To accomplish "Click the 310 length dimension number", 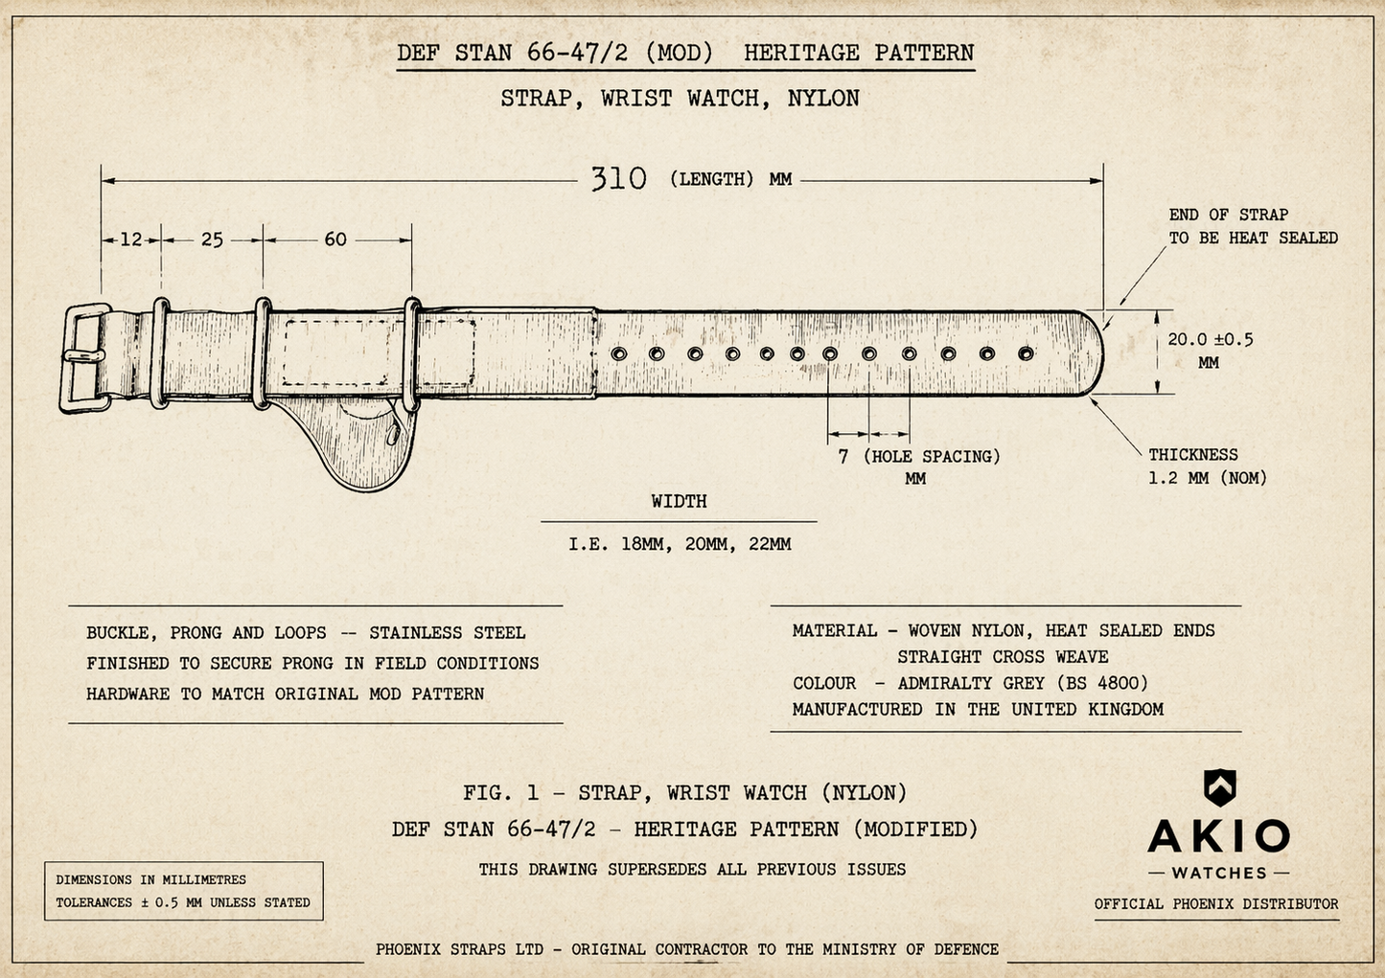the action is tap(618, 178).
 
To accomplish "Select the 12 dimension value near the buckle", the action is tap(131, 239).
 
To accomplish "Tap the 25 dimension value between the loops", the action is tap(212, 239).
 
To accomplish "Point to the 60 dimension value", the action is tap(335, 239).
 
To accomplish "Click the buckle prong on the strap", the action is tap(83, 356).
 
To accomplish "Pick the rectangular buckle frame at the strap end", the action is tap(67, 358).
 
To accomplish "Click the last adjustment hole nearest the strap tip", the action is tap(1026, 353).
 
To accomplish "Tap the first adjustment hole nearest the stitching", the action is tap(619, 354).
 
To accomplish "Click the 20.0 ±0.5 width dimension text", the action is tap(1210, 339).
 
